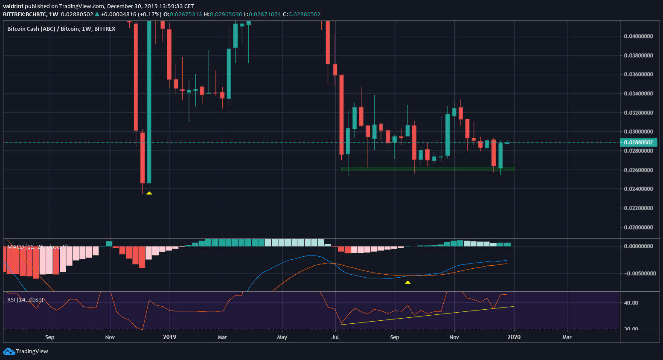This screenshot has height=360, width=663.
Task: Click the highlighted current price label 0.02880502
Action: click(638, 142)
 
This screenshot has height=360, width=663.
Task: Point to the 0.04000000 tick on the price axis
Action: click(638, 36)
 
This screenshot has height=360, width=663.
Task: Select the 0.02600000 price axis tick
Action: click(638, 170)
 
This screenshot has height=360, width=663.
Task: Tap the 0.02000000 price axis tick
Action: click(638, 227)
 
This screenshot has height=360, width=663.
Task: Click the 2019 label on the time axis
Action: click(169, 337)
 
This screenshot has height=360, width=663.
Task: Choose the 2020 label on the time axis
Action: click(514, 337)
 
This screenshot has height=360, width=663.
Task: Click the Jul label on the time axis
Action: click(335, 337)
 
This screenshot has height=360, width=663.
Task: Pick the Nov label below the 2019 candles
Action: click(454, 337)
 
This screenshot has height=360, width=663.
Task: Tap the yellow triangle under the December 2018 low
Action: click(149, 193)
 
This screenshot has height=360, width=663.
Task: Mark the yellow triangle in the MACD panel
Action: click(407, 282)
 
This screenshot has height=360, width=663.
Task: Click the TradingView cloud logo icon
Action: click(9, 351)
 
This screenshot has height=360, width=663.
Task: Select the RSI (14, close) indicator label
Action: click(25, 300)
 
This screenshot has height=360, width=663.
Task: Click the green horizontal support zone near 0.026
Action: click(427, 169)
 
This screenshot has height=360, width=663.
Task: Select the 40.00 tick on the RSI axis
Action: click(631, 303)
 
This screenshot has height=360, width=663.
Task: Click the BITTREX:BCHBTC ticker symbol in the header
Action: click(25, 14)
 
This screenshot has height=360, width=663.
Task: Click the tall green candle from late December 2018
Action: click(149, 102)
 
